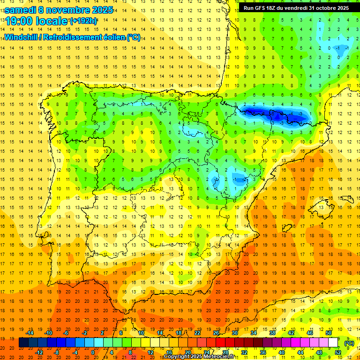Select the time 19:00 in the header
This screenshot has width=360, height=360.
(21, 21)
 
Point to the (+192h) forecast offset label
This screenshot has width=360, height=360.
(83, 21)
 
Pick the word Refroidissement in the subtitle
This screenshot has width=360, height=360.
(72, 37)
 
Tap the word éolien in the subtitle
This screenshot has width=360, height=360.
(113, 37)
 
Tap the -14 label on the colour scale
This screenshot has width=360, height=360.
(30, 333)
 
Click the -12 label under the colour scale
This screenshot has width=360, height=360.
(39, 352)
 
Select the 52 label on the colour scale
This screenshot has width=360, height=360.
(338, 352)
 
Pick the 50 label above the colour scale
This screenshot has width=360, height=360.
(329, 333)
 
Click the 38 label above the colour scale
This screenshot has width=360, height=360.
(272, 333)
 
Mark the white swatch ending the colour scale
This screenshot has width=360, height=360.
(333, 343)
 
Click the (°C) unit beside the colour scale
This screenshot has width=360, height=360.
(349, 343)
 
